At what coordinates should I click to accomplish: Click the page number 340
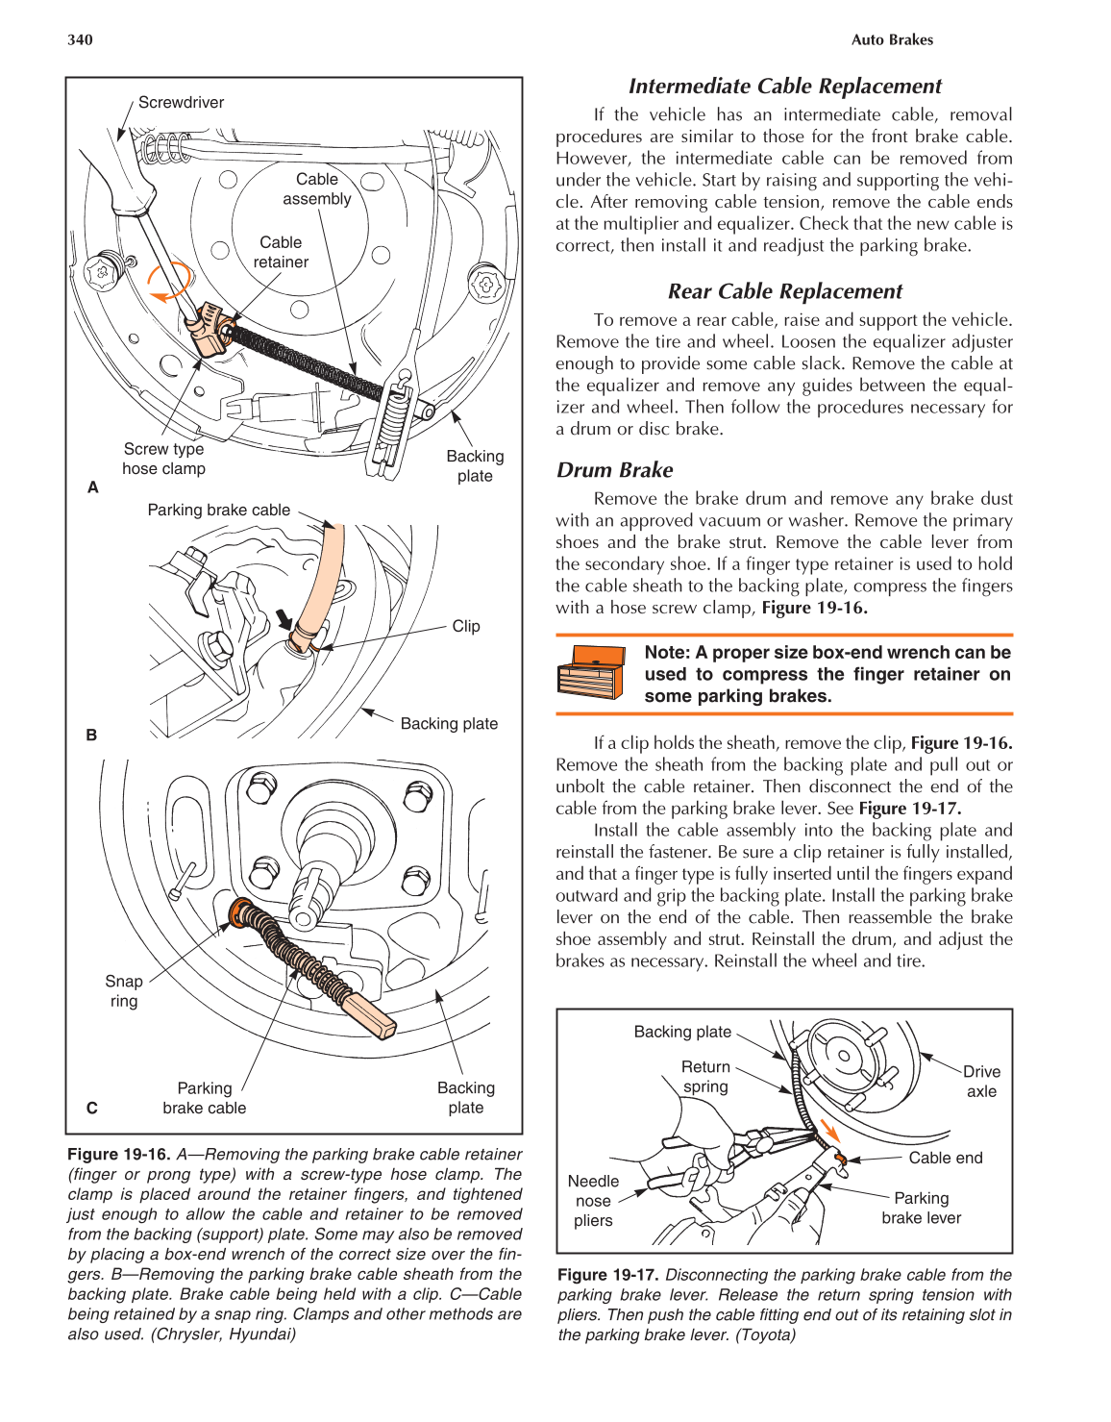pyautogui.click(x=80, y=39)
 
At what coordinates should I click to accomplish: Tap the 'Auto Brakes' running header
pyautogui.click(x=892, y=39)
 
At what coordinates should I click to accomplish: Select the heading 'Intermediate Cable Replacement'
pyautogui.click(x=784, y=86)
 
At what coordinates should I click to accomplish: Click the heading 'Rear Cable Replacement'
pyautogui.click(x=784, y=291)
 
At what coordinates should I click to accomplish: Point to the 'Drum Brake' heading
pyautogui.click(x=614, y=470)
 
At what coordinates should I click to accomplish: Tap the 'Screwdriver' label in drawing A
pyautogui.click(x=181, y=103)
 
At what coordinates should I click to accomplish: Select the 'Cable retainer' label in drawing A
pyautogui.click(x=281, y=252)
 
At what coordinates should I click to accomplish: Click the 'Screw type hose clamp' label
pyautogui.click(x=163, y=459)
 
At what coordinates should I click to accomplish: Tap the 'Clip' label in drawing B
pyautogui.click(x=465, y=626)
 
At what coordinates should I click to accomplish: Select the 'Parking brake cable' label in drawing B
pyautogui.click(x=218, y=511)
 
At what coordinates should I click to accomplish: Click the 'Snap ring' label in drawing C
pyautogui.click(x=124, y=990)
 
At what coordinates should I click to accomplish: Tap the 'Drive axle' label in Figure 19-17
pyautogui.click(x=981, y=1081)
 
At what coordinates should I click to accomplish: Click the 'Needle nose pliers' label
pyautogui.click(x=593, y=1200)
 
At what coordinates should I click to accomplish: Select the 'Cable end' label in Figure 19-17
pyautogui.click(x=945, y=1158)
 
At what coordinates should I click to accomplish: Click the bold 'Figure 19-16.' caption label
pyautogui.click(x=118, y=1154)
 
